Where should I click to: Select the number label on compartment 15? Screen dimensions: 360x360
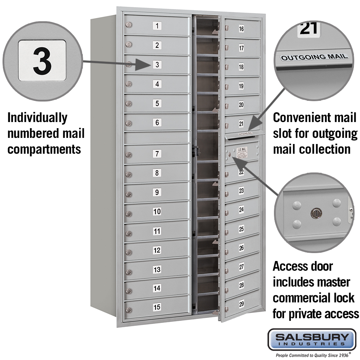pyautogui.click(x=157, y=307)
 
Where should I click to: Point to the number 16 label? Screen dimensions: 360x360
pyautogui.click(x=241, y=29)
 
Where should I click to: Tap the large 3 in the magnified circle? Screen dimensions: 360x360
pyautogui.click(x=42, y=61)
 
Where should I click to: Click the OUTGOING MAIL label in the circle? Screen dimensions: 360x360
pyautogui.click(x=314, y=57)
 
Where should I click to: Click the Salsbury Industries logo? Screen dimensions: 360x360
pyautogui.click(x=312, y=339)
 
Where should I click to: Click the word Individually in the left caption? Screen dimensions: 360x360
pyautogui.click(x=37, y=118)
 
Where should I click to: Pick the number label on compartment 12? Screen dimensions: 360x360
pyautogui.click(x=157, y=250)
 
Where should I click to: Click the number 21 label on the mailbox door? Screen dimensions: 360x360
pyautogui.click(x=241, y=124)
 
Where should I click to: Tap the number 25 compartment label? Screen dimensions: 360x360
pyautogui.click(x=241, y=229)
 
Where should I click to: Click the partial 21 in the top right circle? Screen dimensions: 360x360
pyautogui.click(x=309, y=29)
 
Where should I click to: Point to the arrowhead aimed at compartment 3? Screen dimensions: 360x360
pyautogui.click(x=142, y=66)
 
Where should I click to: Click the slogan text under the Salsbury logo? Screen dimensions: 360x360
pyautogui.click(x=312, y=355)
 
